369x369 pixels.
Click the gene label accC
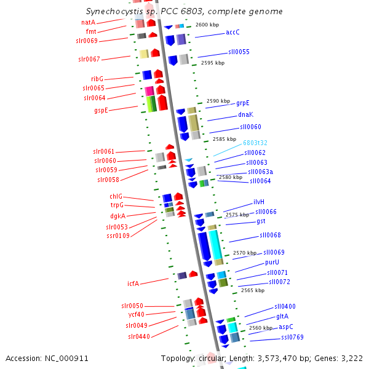[232, 32]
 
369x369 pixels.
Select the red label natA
[89, 22]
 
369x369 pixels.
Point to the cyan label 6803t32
[255, 143]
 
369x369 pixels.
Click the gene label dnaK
[246, 114]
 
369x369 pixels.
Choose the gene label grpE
[243, 103]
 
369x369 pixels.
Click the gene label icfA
[133, 284]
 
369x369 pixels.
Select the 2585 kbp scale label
[224, 139]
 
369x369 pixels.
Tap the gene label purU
[272, 262]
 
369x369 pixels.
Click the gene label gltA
[282, 316]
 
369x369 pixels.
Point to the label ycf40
[136, 315]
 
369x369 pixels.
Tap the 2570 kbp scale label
[244, 253]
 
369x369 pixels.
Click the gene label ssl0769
[292, 337]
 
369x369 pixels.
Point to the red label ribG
[97, 79]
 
